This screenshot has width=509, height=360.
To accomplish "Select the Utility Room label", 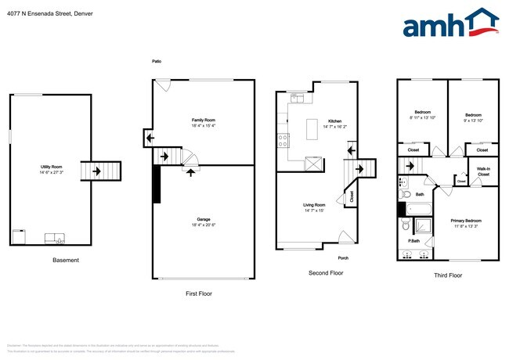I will pyautogui.click(x=52, y=169).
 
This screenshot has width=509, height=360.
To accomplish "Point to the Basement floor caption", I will pyautogui.click(x=65, y=260).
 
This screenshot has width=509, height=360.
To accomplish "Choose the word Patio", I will pyautogui.click(x=157, y=61).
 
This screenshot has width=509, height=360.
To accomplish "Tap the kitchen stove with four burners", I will pyautogui.click(x=283, y=140).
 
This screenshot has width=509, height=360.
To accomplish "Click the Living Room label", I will pyautogui.click(x=314, y=207).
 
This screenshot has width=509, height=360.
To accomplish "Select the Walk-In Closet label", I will pyautogui.click(x=483, y=171).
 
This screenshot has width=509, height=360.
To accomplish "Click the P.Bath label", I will pyautogui.click(x=413, y=252).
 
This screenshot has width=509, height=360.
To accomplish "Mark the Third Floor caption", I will pyautogui.click(x=447, y=275).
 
